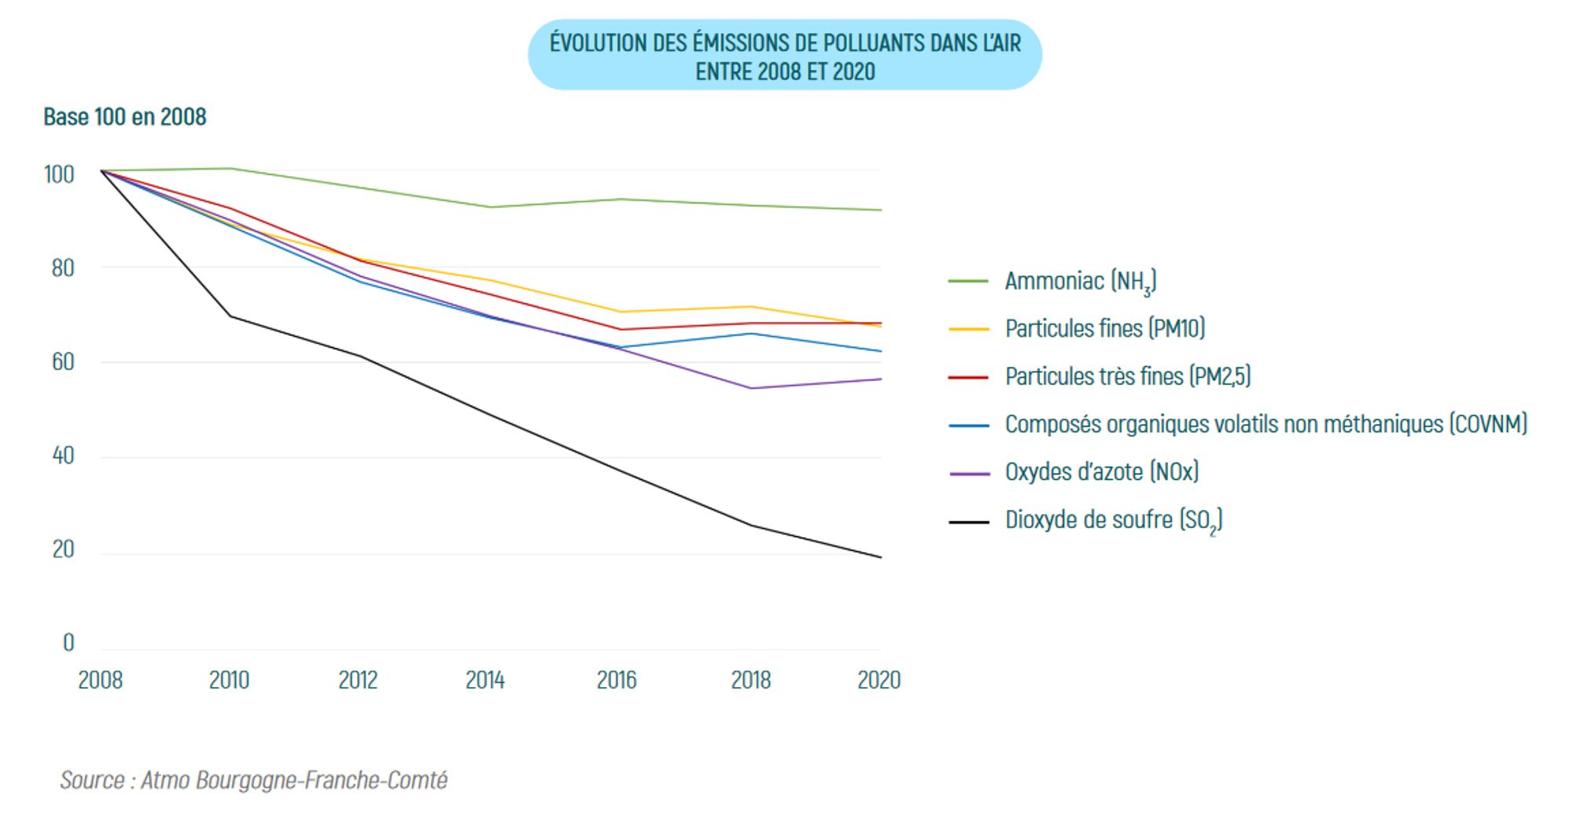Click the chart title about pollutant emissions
coord(785,56)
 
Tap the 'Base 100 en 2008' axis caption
coord(124,117)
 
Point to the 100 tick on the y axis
coord(59,174)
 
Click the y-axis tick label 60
coord(63,362)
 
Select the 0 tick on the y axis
coord(68,643)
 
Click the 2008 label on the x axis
coord(100,680)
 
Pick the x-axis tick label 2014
coord(484,680)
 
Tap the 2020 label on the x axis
coord(879,680)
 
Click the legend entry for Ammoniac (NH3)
coord(1080,281)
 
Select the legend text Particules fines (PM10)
coord(1104,328)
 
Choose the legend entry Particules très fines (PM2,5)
coord(1127,376)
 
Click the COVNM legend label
coord(1265,424)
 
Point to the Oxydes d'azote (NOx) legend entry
coord(1101,472)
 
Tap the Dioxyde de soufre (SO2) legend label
coord(1113,520)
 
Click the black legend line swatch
coord(968,522)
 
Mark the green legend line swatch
coord(968,281)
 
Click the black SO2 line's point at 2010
coord(230,316)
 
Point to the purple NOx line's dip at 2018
coord(752,388)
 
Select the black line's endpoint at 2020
coord(881,557)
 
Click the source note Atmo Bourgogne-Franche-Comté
coord(253,780)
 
